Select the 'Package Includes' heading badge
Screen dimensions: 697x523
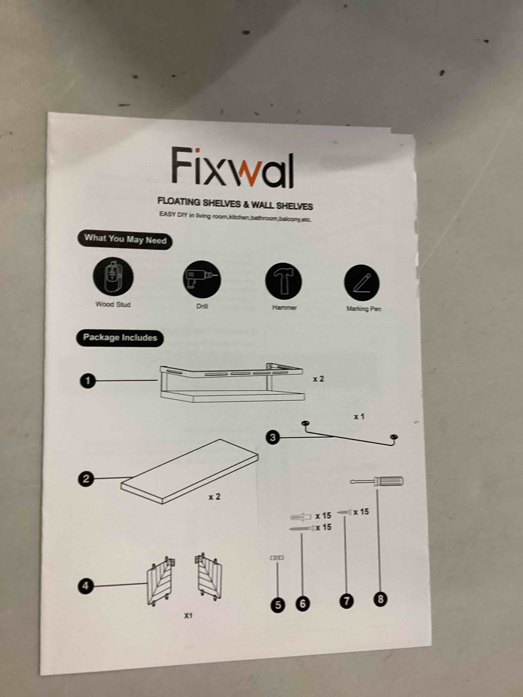(120, 338)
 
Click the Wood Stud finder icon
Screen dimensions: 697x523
(113, 276)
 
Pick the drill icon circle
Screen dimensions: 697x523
(202, 279)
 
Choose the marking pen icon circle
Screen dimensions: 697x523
(362, 283)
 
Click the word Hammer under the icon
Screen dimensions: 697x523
(284, 307)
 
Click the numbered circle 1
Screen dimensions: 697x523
(88, 381)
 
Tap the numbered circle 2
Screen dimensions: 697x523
(86, 479)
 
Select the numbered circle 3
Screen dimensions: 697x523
(273, 437)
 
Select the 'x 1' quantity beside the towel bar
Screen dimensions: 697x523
(359, 417)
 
